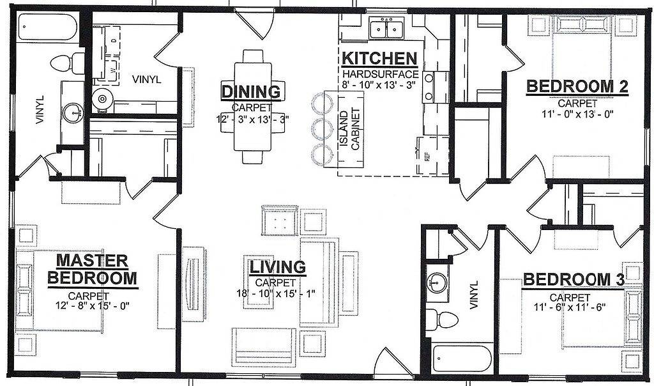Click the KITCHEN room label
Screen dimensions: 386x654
click(x=380, y=58)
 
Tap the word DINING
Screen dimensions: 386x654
click(x=252, y=91)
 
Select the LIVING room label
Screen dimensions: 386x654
click(x=277, y=266)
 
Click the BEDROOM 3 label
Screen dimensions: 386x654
click(x=573, y=279)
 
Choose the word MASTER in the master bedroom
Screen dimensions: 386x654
click(x=92, y=260)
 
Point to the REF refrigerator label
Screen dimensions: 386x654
click(x=422, y=156)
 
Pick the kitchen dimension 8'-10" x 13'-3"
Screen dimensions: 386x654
click(x=380, y=86)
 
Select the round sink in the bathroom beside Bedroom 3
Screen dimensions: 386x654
click(x=437, y=281)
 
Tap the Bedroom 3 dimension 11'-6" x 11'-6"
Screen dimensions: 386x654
click(x=569, y=306)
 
